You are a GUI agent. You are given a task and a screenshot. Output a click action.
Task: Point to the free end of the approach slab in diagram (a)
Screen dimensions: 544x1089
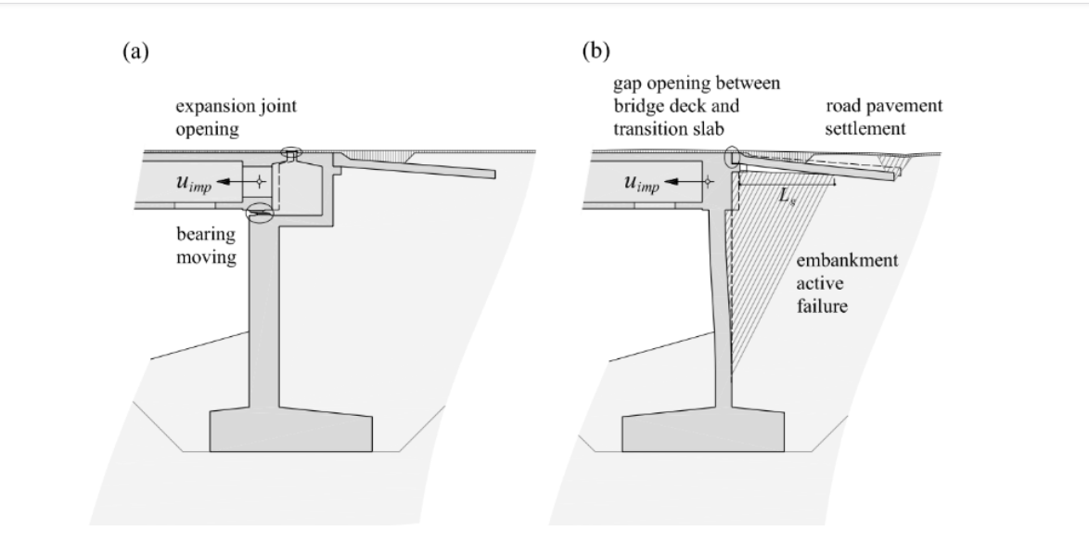(491, 174)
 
